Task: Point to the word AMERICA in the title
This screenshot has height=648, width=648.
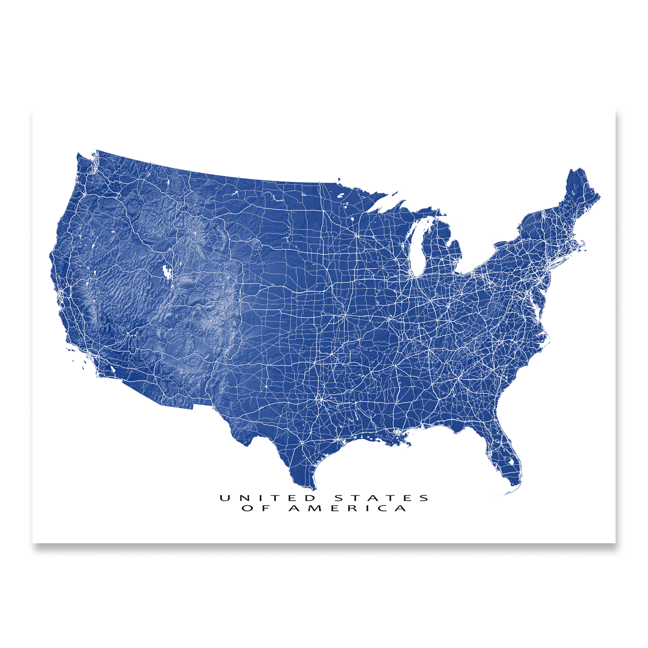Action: click(x=348, y=509)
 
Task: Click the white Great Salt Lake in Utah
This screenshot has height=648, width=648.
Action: click(x=166, y=272)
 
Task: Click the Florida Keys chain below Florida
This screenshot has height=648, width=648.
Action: click(x=510, y=492)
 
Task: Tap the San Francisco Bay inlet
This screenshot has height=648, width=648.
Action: click(x=60, y=293)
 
